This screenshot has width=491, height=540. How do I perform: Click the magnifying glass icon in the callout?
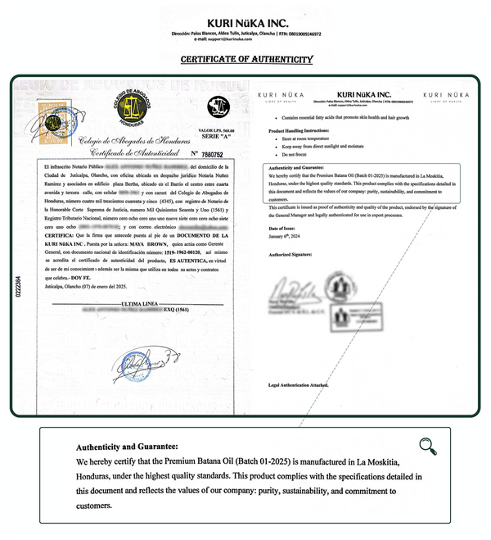(427, 445)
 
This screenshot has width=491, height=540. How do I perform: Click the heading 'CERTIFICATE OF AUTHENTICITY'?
(245, 59)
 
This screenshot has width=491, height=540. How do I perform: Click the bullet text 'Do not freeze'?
(288, 154)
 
